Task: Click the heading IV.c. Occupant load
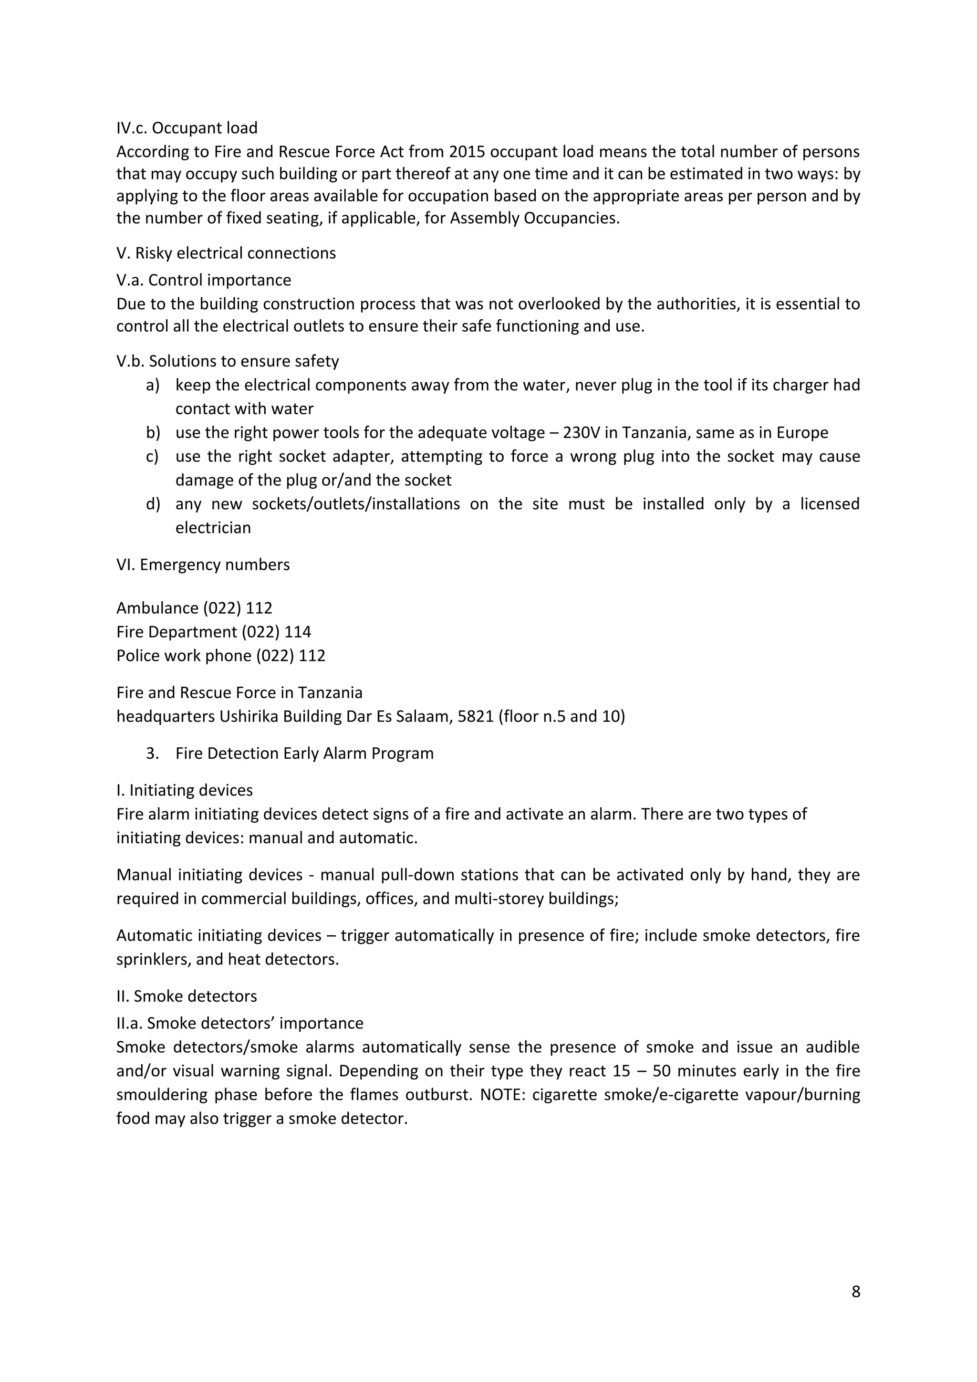(x=187, y=128)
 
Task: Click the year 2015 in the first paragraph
(x=467, y=151)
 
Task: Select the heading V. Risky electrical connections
(x=226, y=253)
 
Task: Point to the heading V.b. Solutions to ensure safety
(x=228, y=361)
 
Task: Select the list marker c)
(x=152, y=456)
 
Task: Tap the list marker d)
(x=153, y=504)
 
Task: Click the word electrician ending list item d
(x=213, y=528)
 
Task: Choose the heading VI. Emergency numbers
(x=203, y=565)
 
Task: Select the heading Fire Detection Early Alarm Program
(x=304, y=754)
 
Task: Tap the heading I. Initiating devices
(x=184, y=790)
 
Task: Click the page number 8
(x=855, y=1292)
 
